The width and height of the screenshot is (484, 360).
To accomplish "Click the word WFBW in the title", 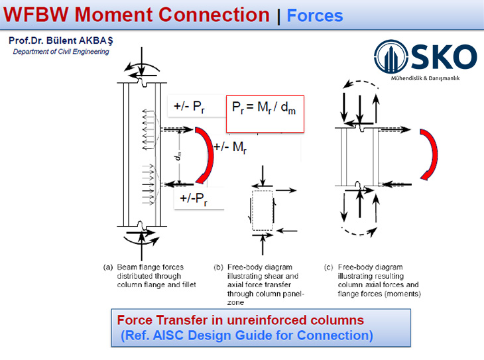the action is point(36,15).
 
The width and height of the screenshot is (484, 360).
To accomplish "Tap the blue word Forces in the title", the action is point(315,15).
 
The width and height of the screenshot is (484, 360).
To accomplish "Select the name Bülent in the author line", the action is point(62,40).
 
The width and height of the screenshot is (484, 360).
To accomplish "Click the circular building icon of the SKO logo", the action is point(391,56).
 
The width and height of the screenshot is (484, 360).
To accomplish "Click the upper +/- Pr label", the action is point(189,107).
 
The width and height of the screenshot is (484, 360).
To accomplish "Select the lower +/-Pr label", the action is point(194,198).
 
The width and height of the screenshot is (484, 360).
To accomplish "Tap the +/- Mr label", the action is point(230,147).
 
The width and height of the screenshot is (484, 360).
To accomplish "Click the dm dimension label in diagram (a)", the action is point(178,156).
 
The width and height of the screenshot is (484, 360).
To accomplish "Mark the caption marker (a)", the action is point(108,267).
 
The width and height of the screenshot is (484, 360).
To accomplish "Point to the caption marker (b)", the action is point(218,267).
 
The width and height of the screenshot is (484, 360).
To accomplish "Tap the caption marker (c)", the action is point(329,267).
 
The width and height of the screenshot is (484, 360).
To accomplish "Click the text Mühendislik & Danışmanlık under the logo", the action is point(426,78).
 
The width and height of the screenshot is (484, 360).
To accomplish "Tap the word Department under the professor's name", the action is point(30,52).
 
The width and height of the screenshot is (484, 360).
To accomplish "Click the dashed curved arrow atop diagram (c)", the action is point(361,82).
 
